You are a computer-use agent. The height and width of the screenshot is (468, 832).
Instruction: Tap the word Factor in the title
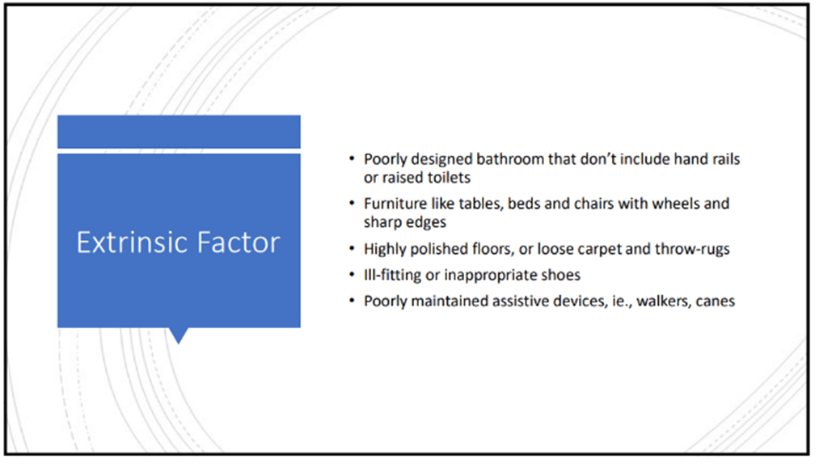pos(239,242)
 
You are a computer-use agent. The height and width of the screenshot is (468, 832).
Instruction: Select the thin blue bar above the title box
pos(179,132)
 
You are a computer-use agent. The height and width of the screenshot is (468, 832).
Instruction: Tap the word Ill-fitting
pos(392,275)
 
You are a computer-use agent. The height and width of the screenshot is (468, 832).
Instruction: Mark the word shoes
pos(561,275)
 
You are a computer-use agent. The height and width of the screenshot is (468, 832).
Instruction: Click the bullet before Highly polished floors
pos(352,248)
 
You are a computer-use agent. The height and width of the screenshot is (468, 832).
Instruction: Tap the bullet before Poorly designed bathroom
pos(352,158)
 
